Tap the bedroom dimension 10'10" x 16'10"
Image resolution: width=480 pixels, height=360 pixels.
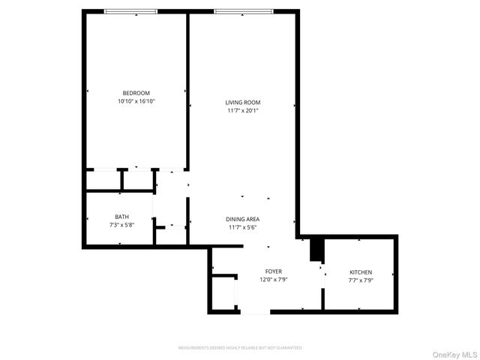[136, 101]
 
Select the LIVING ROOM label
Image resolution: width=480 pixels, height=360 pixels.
[243, 102]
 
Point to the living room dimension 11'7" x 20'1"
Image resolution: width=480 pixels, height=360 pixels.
[243, 110]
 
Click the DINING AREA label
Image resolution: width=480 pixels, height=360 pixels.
[243, 219]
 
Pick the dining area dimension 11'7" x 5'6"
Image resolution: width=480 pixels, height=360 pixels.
[243, 227]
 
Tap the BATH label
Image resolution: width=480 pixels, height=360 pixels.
[121, 217]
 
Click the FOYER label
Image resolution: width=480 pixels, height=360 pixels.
[273, 271]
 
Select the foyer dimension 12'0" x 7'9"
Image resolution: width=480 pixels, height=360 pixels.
[273, 279]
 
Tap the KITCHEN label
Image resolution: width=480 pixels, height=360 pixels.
[361, 271]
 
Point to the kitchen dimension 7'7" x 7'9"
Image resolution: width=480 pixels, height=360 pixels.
[361, 280]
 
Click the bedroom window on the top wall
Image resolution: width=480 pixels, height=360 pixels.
[130, 11]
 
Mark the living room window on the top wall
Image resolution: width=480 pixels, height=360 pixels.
[239, 11]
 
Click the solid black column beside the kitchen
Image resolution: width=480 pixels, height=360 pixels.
[316, 249]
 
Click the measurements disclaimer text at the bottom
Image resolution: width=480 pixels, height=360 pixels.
[239, 348]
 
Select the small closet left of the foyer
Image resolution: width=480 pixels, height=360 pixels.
[223, 293]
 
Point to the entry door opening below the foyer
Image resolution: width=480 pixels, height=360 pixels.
[254, 311]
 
